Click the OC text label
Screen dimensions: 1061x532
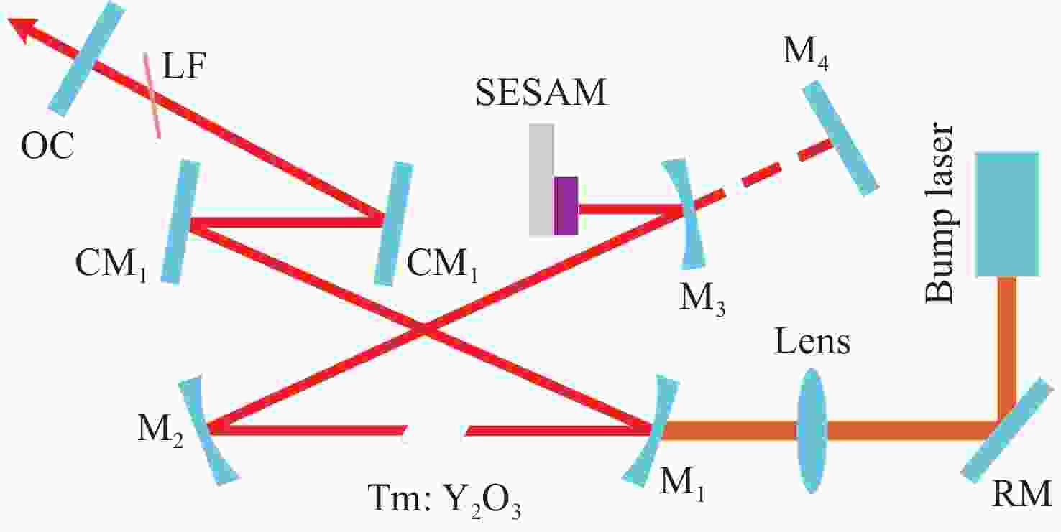click(x=47, y=146)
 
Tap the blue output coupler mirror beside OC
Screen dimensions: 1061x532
click(x=88, y=58)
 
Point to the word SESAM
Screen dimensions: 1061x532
click(x=541, y=92)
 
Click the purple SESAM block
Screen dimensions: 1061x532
click(x=566, y=206)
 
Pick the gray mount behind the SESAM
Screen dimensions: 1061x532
click(x=541, y=179)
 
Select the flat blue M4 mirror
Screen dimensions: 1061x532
click(x=840, y=139)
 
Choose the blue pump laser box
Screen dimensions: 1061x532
click(x=1007, y=214)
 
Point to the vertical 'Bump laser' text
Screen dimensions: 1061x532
click(x=939, y=213)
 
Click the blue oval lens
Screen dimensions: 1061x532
click(x=812, y=431)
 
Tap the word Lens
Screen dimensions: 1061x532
click(x=812, y=342)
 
